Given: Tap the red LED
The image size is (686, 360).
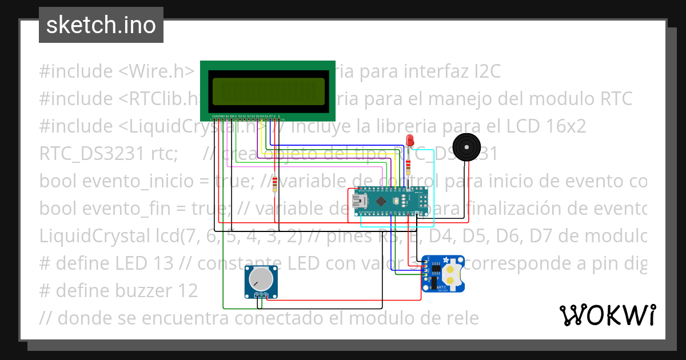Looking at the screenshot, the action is pyautogui.click(x=409, y=141).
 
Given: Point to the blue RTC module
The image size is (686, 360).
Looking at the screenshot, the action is pyautogui.click(x=442, y=274).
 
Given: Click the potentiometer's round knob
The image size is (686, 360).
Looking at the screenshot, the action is pyautogui.click(x=261, y=278).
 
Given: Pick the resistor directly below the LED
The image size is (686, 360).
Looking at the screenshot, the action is pyautogui.click(x=408, y=167).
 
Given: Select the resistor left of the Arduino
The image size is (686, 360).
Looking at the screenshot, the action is pyautogui.click(x=276, y=185).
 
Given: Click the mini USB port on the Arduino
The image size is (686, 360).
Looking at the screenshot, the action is pyautogui.click(x=361, y=201).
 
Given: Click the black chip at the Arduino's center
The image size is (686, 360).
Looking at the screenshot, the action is pyautogui.click(x=381, y=201).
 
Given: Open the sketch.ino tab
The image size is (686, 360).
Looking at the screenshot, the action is pyautogui.click(x=101, y=25).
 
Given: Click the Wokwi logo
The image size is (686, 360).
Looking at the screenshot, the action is pyautogui.click(x=608, y=315).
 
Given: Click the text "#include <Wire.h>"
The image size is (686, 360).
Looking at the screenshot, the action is pyautogui.click(x=117, y=71).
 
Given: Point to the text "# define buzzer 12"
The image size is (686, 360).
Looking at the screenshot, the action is pyautogui.click(x=118, y=291).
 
